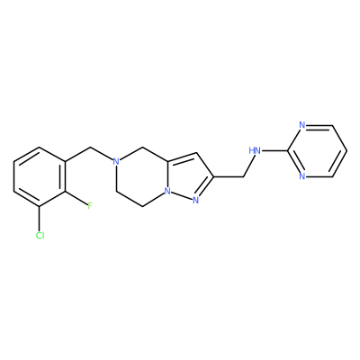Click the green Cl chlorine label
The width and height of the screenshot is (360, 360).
(x=40, y=236)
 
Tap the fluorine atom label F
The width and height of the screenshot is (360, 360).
(x=89, y=206)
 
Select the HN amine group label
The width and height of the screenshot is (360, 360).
(x=255, y=150)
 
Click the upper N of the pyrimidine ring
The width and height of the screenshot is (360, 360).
(x=302, y=125)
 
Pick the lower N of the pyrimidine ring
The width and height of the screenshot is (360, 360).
(x=302, y=176)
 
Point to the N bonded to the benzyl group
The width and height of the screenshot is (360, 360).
(x=116, y=161)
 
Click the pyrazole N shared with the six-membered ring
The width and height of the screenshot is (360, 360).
(x=168, y=191)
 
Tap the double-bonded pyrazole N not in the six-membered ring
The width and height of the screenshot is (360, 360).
(x=195, y=200)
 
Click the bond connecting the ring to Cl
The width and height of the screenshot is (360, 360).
(x=40, y=219)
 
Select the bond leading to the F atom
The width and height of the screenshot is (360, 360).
(x=76, y=198)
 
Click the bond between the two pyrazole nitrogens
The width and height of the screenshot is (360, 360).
(x=182, y=195)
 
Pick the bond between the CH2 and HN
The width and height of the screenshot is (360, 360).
(x=247, y=166)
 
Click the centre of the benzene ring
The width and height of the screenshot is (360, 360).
(x=40, y=176)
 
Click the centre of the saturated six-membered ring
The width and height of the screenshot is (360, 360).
(x=142, y=176)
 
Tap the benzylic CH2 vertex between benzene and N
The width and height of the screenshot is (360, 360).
(x=90, y=147)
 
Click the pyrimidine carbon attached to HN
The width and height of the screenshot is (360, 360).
(x=288, y=150)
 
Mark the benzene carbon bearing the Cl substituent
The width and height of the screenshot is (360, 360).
(x=40, y=206)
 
